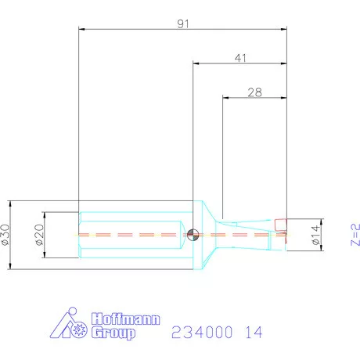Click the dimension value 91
(x=184, y=23)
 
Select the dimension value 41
(x=240, y=58)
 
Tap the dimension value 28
(x=255, y=92)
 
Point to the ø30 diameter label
(x=7, y=232)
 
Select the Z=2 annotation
(x=353, y=233)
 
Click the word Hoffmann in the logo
(x=118, y=319)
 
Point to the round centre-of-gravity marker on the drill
(x=193, y=232)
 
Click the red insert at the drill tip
(x=281, y=227)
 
